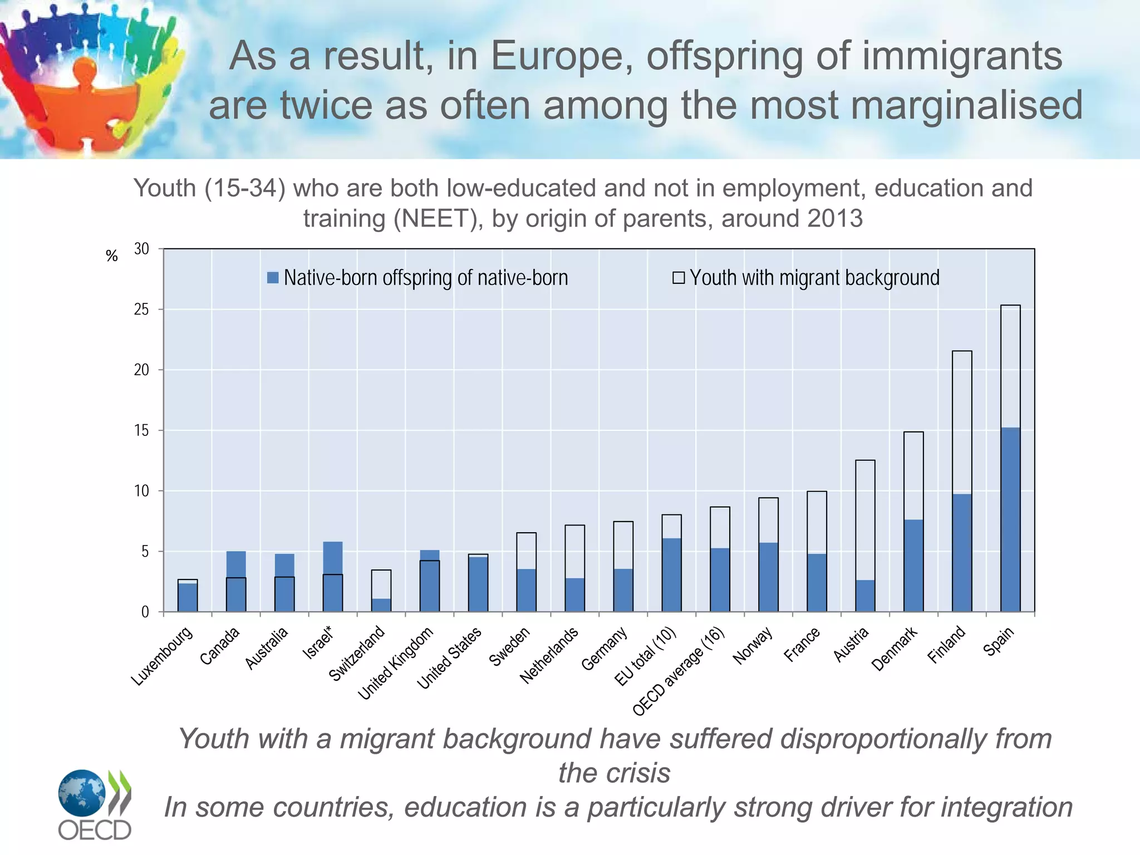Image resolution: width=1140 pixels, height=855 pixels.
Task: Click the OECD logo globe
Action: (82, 793)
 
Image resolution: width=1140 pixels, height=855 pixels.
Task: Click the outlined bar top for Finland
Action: (962, 352)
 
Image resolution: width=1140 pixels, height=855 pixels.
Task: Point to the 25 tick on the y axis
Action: (142, 309)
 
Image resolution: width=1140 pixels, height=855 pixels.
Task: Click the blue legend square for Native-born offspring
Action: (273, 278)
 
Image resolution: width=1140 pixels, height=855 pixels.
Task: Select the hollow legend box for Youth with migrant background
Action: (678, 278)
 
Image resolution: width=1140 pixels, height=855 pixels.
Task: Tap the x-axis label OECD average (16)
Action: (679, 671)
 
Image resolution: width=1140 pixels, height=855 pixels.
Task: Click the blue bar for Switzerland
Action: (381, 605)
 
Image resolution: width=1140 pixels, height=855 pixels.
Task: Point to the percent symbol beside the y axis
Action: (111, 256)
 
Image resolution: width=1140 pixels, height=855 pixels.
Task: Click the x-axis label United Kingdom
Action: (395, 663)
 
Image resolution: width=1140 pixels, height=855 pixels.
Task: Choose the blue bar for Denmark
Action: (913, 565)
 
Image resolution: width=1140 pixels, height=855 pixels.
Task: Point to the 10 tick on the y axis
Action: (142, 491)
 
